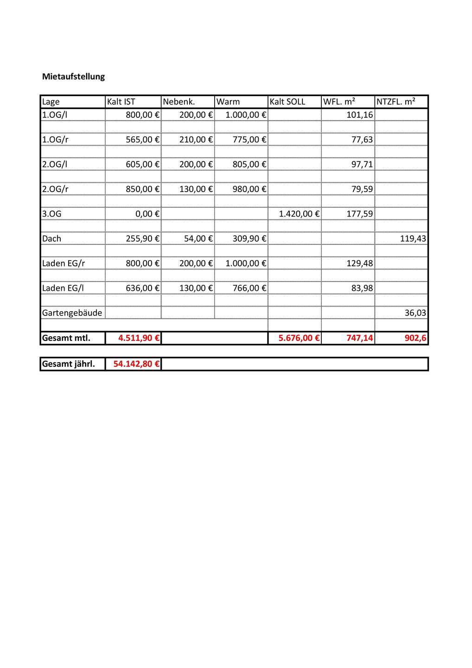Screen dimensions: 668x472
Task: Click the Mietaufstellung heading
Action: point(73,77)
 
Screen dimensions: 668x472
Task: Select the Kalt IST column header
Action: point(121,102)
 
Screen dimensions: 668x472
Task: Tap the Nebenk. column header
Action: point(179,102)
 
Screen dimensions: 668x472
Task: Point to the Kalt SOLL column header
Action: point(287,102)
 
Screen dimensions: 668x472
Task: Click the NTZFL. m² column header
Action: point(395,102)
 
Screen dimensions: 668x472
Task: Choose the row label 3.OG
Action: point(52,214)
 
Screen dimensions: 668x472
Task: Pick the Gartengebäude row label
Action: point(72,313)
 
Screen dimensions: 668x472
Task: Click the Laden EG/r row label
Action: point(64,263)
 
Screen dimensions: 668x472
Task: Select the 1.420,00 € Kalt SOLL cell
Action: point(299,214)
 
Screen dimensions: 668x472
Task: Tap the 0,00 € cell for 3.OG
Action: point(147,214)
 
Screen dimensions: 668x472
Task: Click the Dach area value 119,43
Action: point(413,238)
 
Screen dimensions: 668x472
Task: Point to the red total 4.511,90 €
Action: point(139,338)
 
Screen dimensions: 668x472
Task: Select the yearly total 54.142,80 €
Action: point(136,364)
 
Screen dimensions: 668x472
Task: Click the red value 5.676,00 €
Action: point(299,338)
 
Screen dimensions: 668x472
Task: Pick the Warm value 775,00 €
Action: point(249,139)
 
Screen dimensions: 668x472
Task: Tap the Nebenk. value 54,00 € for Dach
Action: point(198,238)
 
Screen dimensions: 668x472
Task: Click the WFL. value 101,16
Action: point(360,115)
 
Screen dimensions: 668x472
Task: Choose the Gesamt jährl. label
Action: point(68,364)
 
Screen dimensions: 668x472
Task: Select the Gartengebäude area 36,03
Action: point(415,313)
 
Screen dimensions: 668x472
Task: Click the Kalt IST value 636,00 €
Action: point(142,288)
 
